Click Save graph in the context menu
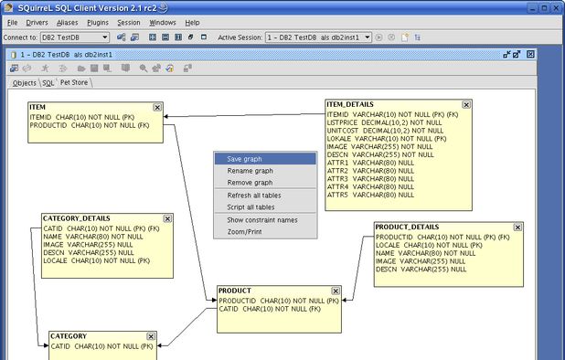[244, 159]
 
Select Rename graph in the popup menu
[250, 171]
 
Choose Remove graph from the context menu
[250, 183]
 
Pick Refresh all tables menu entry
[253, 196]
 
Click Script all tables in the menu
[251, 207]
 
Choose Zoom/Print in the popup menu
[245, 232]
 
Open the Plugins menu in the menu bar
[98, 22]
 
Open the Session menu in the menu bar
[129, 22]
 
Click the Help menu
[192, 22]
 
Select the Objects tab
[25, 82]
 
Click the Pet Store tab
[74, 82]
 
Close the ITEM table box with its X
[157, 107]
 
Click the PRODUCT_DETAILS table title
[408, 227]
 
